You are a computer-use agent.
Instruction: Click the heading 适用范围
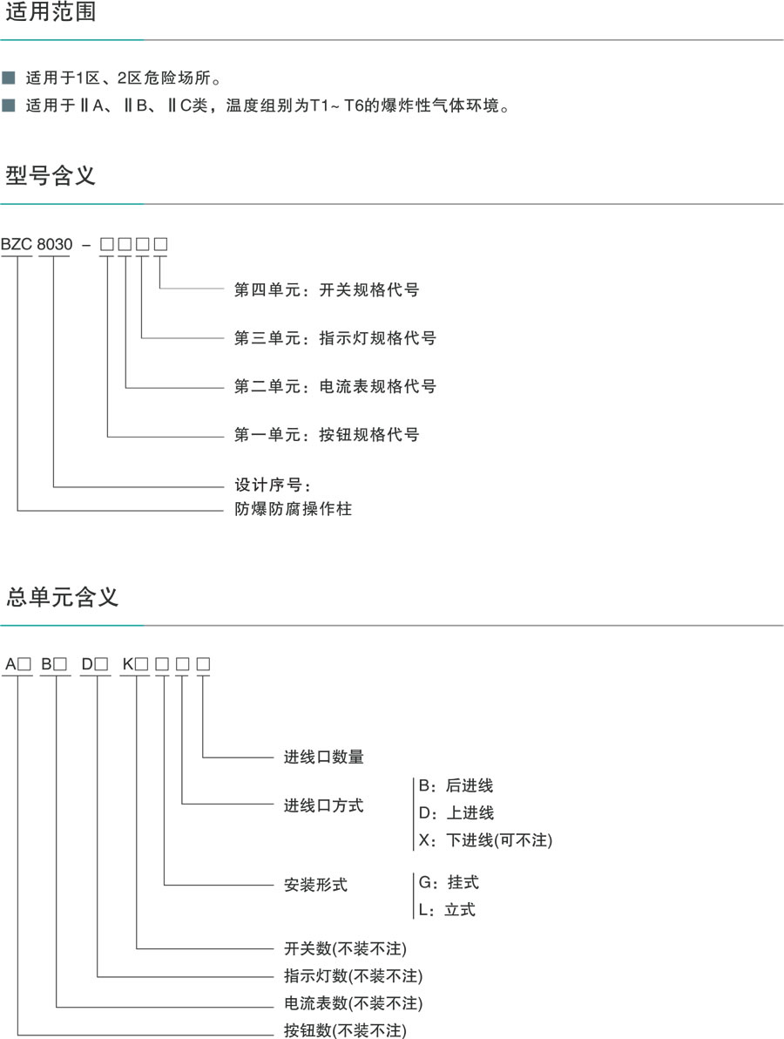pyautogui.click(x=51, y=13)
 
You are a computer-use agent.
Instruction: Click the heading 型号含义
pyautogui.click(x=51, y=175)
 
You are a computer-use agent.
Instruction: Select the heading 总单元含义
pyautogui.click(x=62, y=597)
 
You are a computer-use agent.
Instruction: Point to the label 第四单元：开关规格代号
pyautogui.click(x=327, y=289)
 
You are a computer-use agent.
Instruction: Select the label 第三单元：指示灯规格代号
pyautogui.click(x=335, y=337)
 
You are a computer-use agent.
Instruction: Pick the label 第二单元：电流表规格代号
pyautogui.click(x=335, y=385)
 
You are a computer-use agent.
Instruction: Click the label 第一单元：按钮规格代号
pyautogui.click(x=327, y=433)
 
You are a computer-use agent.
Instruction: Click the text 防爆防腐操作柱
pyautogui.click(x=293, y=508)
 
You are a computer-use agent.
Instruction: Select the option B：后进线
pyautogui.click(x=456, y=785)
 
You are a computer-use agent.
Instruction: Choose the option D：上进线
pyautogui.click(x=456, y=812)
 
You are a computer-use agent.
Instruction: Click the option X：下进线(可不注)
pyautogui.click(x=485, y=840)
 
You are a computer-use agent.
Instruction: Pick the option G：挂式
pyautogui.click(x=449, y=882)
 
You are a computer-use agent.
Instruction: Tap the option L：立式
pyautogui.click(x=447, y=909)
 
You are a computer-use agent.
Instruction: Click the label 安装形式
pyautogui.click(x=315, y=885)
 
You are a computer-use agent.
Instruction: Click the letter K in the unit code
pyautogui.click(x=128, y=664)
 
